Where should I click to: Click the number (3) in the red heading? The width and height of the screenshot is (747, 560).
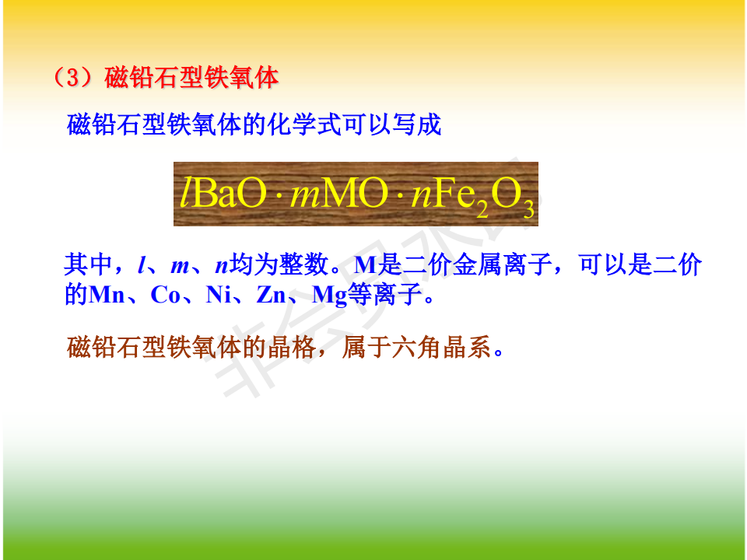(72, 77)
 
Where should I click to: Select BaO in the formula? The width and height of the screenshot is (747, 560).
(230, 194)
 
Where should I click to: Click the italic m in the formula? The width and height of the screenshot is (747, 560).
(305, 197)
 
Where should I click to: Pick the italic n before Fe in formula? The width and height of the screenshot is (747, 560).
(421, 197)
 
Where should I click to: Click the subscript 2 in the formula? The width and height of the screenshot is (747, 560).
(482, 209)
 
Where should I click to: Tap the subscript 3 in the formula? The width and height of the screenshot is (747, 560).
(528, 209)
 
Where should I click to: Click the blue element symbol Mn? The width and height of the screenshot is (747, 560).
(107, 295)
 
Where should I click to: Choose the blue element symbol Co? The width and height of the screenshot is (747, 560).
(165, 295)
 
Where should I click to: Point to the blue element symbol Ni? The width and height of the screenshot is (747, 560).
(219, 295)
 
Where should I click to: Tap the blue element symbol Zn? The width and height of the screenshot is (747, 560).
(271, 295)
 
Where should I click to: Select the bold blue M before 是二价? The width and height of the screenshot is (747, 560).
(366, 264)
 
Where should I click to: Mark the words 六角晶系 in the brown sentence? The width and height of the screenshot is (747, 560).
(442, 347)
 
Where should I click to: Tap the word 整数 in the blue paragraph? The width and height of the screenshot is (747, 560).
(304, 264)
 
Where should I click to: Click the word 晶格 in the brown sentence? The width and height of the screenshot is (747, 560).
(292, 347)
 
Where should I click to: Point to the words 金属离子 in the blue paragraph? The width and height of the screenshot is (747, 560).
(502, 264)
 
